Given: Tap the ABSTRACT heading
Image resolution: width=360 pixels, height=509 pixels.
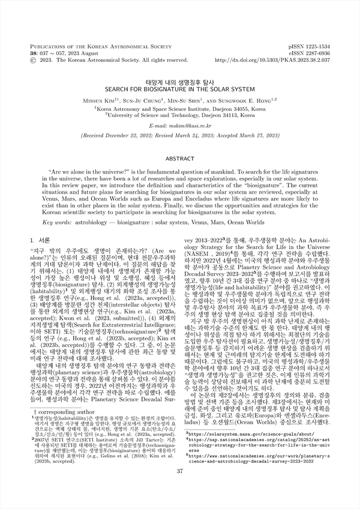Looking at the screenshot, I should pyautogui.click(x=179, y=158).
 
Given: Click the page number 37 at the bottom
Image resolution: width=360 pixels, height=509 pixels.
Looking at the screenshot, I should pyautogui.click(x=179, y=487).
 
